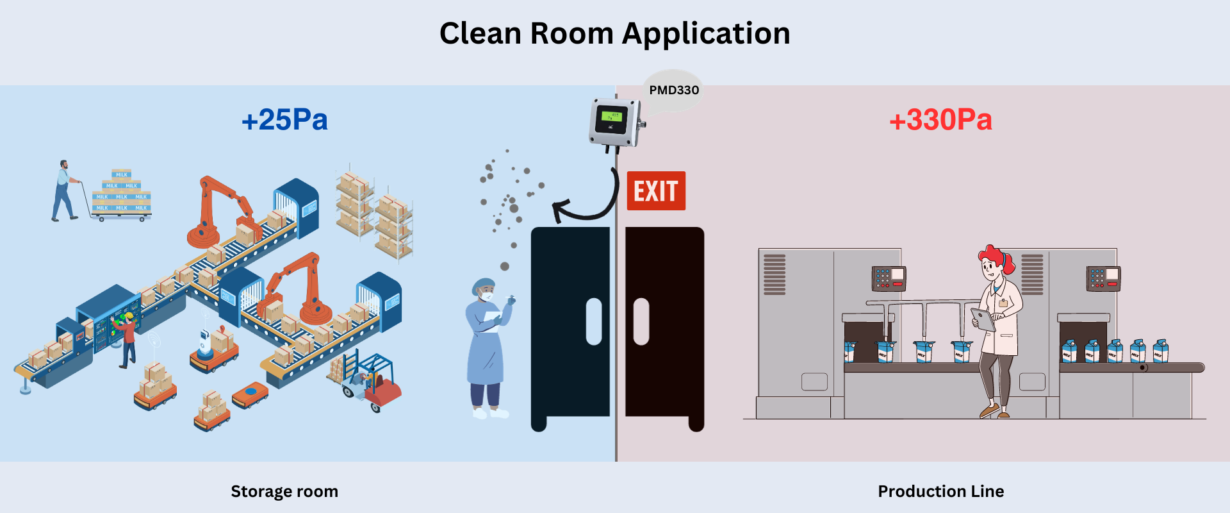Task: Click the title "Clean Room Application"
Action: [614, 33]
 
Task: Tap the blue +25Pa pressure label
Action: [284, 120]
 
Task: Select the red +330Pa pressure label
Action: [940, 120]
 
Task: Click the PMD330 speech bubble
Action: [673, 90]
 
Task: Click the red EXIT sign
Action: [656, 191]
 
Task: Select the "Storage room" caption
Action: [284, 491]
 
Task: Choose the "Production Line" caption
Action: [940, 491]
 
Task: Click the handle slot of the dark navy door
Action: [594, 321]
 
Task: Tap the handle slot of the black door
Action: [641, 321]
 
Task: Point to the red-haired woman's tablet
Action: [983, 319]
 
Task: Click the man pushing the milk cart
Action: [64, 190]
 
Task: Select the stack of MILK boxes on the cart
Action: [122, 192]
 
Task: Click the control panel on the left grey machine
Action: [889, 278]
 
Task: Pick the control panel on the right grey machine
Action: [1103, 278]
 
